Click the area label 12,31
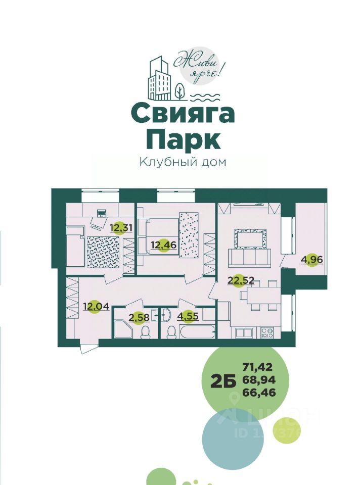tap(121, 228)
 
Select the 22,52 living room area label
tap(237, 280)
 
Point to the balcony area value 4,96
tap(311, 260)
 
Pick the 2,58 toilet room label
tap(125, 318)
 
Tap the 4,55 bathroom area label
tap(188, 318)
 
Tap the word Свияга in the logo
tap(183, 114)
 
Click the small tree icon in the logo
tap(179, 91)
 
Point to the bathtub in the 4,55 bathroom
tap(197, 332)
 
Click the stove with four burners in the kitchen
tap(266, 333)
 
